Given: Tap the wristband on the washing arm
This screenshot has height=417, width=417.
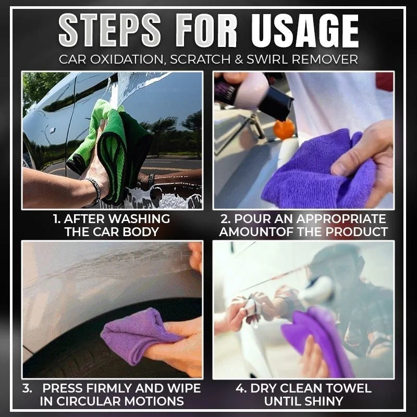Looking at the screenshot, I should (94, 190).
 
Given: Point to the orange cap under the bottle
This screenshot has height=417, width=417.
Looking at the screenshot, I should (285, 129).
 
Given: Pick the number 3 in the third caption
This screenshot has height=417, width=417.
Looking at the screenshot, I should (26, 388).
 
